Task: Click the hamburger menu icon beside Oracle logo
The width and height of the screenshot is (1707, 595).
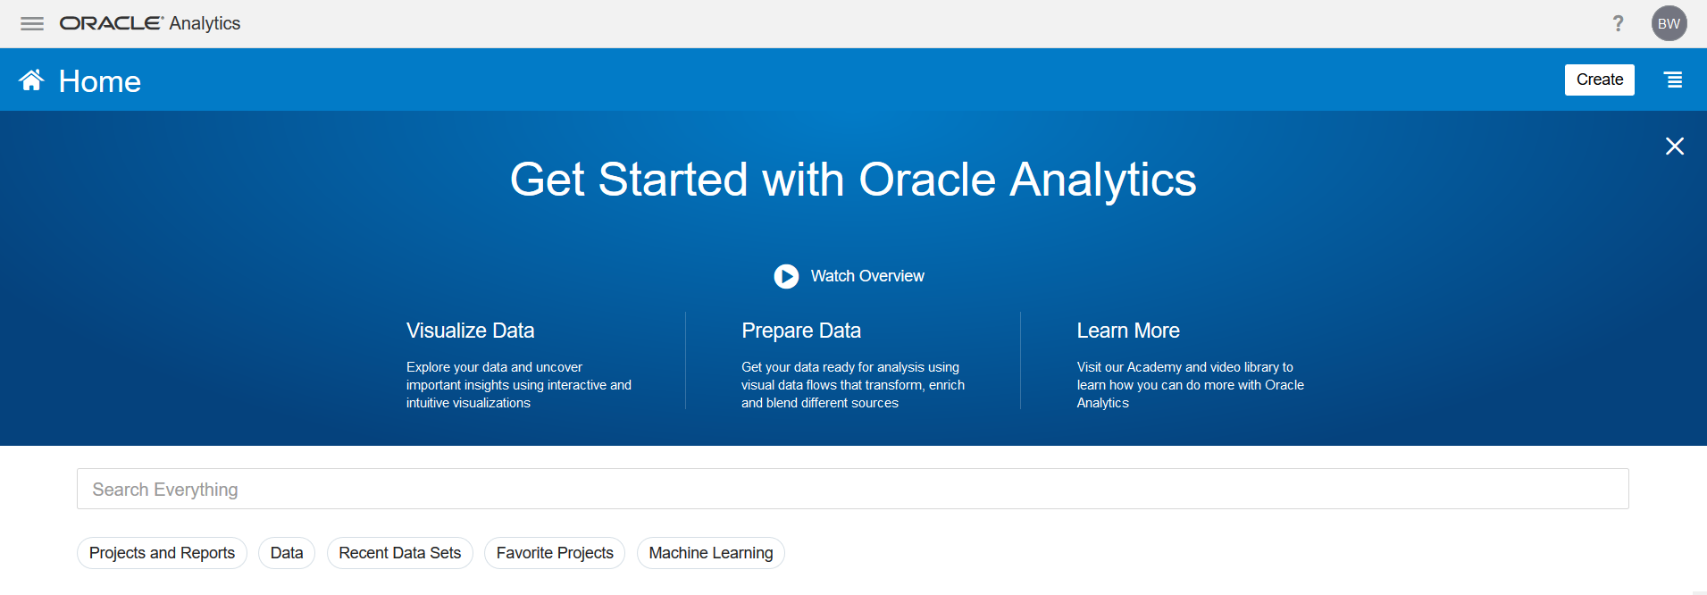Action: coord(32,24)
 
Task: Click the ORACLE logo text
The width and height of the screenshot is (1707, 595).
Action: coord(111,23)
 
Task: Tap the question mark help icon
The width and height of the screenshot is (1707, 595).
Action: coord(1618,23)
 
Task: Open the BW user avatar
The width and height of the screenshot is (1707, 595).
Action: coord(1669,23)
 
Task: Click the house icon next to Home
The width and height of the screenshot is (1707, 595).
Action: coord(31,80)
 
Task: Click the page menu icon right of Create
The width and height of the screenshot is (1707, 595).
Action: coord(1673,80)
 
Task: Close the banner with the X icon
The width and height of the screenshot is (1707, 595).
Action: coord(1675,146)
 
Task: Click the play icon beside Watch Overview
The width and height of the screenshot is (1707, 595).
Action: coord(786,276)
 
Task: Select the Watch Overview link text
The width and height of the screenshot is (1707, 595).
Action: coord(867,276)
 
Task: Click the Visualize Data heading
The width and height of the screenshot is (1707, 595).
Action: coord(470,331)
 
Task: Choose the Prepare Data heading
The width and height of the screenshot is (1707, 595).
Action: coord(801,331)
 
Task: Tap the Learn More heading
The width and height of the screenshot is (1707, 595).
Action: coord(1128,331)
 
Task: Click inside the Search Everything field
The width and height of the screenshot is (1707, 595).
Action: coord(852,489)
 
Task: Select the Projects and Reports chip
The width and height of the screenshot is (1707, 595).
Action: coord(162,553)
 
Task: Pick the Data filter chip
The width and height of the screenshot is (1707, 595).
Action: coord(287,553)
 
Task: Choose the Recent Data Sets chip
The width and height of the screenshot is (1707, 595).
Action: coord(400,553)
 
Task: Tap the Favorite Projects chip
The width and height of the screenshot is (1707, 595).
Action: coord(555,553)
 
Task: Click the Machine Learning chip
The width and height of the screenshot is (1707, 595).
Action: coord(711,553)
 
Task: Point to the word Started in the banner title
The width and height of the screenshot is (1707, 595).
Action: coord(673,180)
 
